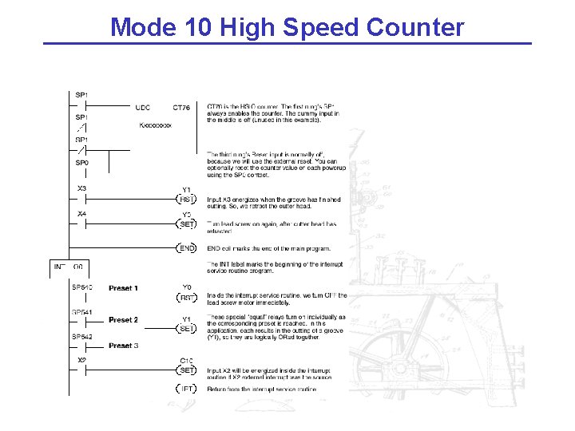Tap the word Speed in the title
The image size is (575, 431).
(x=322, y=27)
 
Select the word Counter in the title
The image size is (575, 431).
(x=415, y=27)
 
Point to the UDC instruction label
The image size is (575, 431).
(x=143, y=107)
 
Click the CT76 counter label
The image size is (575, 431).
(x=181, y=107)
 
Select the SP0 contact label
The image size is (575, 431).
(x=81, y=163)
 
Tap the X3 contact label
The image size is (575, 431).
(x=81, y=189)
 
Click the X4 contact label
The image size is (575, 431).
(x=81, y=215)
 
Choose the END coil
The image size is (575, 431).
(x=186, y=249)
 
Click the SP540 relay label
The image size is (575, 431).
(x=82, y=287)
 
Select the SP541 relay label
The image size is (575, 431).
(x=82, y=312)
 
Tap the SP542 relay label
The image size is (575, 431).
(x=82, y=337)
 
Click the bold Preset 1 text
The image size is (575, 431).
(x=123, y=288)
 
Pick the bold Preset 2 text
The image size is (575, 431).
(x=123, y=320)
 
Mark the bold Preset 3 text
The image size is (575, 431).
(x=123, y=346)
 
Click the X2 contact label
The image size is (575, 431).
(x=81, y=361)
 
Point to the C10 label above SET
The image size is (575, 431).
(x=186, y=361)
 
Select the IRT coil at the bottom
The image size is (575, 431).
(x=186, y=389)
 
